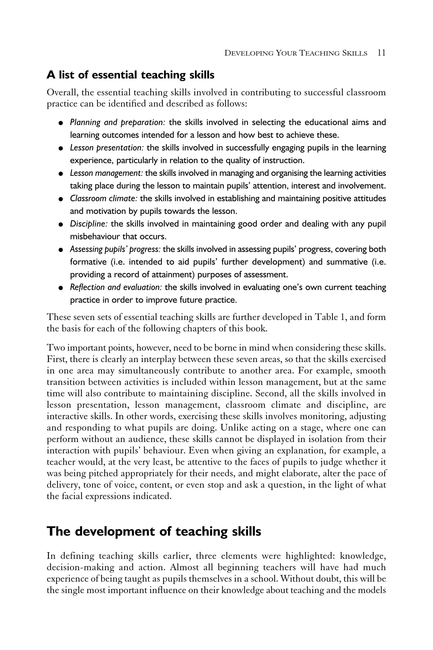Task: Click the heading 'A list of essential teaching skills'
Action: [130, 75]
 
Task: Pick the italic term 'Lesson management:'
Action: [106, 173]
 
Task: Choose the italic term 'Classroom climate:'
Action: [104, 198]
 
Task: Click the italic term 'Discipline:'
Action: [89, 224]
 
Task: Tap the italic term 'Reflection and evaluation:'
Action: [116, 287]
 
